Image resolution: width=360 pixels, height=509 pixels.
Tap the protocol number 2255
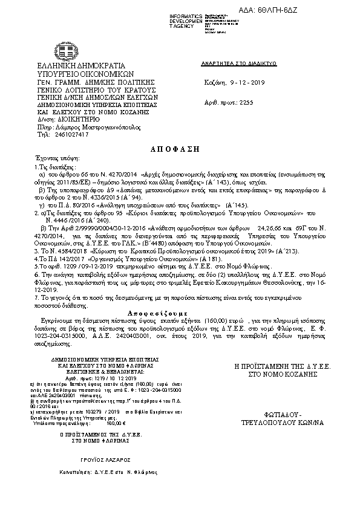[x=247, y=102]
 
